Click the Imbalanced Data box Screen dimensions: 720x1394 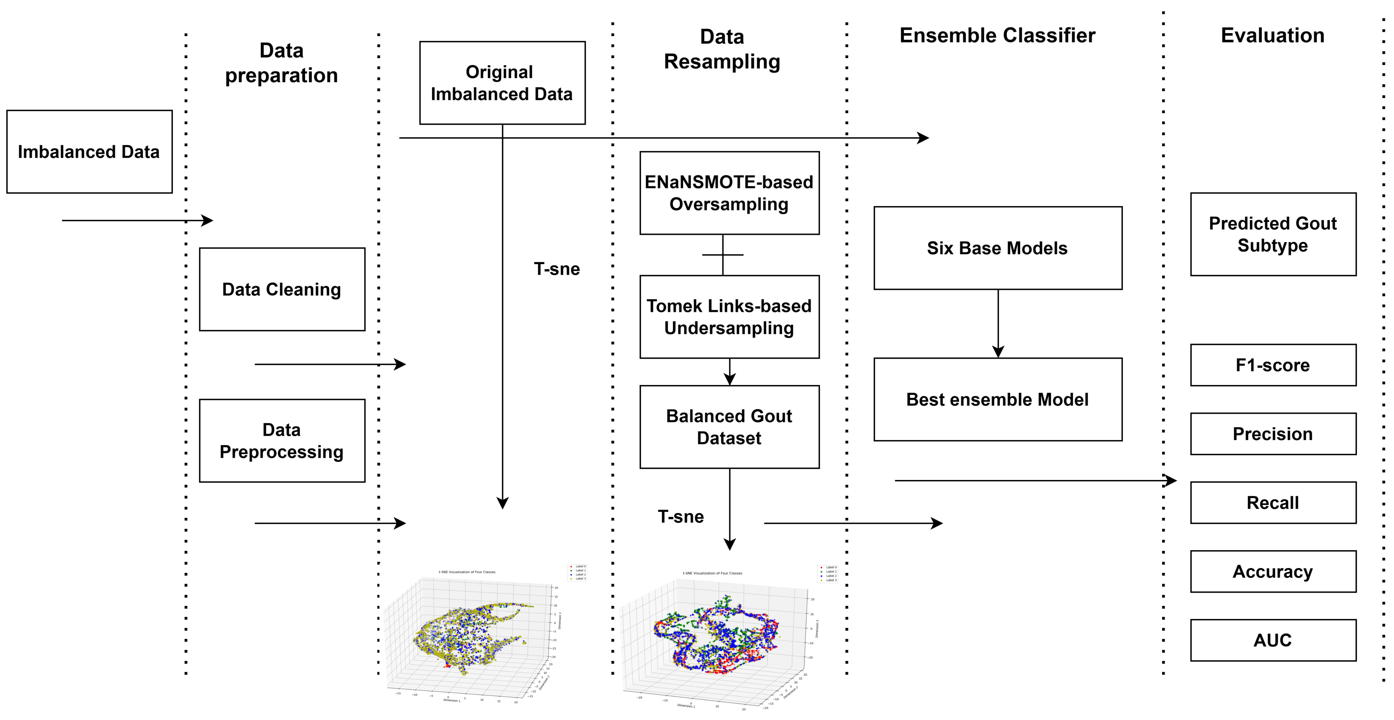(x=89, y=151)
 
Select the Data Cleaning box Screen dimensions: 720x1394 (x=282, y=289)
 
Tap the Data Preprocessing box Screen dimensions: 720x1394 (x=282, y=440)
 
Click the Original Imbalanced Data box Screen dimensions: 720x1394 (x=502, y=83)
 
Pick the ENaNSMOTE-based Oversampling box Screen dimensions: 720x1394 (x=729, y=193)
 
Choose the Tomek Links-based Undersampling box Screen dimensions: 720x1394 (x=729, y=317)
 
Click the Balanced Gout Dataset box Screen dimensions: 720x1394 (x=729, y=427)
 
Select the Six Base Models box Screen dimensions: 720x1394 (x=997, y=248)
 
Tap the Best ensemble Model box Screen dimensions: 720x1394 (x=997, y=399)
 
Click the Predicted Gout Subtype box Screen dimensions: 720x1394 (x=1273, y=234)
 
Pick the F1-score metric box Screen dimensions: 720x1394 (x=1273, y=365)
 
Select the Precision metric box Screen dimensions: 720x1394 (x=1273, y=434)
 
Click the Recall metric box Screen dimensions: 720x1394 (x=1273, y=502)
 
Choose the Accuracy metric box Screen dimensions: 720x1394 (x=1273, y=571)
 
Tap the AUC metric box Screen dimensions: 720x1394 (x=1273, y=640)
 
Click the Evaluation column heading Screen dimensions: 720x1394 (x=1272, y=36)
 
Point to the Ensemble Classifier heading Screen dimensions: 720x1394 (x=997, y=36)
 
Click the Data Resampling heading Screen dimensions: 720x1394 (x=722, y=49)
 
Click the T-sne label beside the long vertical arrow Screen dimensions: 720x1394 (x=556, y=269)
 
